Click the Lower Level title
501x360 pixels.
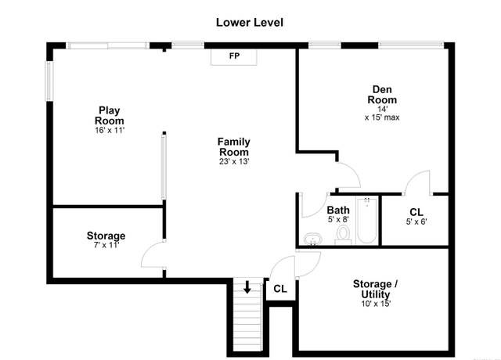(x=250, y=23)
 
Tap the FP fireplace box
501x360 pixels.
(x=234, y=57)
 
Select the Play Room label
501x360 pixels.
(x=110, y=115)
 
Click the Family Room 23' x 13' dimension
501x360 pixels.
(x=234, y=161)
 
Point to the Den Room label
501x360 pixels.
(x=382, y=94)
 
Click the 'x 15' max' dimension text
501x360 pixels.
(x=382, y=117)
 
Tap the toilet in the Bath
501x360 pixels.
(x=343, y=235)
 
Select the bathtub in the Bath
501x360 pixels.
(x=367, y=220)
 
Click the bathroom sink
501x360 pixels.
(x=313, y=239)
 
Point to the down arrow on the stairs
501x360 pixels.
(x=247, y=287)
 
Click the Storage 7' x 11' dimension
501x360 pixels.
(x=106, y=245)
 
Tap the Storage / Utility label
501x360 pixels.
(x=375, y=289)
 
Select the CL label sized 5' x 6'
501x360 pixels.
(x=416, y=212)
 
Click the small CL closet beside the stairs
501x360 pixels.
(x=280, y=289)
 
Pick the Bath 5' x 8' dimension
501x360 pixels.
(x=338, y=219)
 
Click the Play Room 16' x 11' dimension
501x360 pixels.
(x=110, y=131)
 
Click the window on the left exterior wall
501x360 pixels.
(x=49, y=81)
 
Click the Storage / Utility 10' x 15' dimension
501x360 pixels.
(x=376, y=304)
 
